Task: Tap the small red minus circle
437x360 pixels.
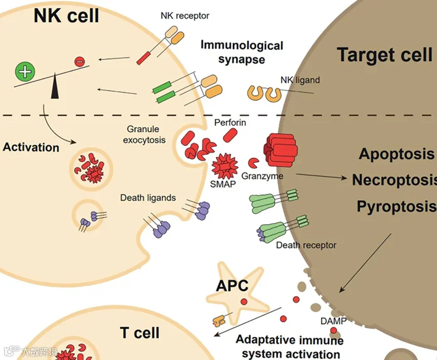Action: tap(79, 61)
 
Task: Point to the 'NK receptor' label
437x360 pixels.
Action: tap(184, 16)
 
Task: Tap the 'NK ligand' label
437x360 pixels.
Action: tap(300, 80)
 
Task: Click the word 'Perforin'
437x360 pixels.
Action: tap(230, 123)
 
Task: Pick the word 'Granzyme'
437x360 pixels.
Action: tap(263, 175)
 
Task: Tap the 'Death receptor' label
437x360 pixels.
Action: tap(306, 245)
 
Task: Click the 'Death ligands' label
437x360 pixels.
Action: tap(148, 197)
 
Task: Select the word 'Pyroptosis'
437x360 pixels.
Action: tap(396, 207)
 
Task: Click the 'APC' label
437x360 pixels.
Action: tap(232, 285)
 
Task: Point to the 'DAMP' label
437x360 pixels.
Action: tap(334, 322)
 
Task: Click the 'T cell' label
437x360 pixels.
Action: tap(140, 332)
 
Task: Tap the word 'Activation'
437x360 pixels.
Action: tap(31, 148)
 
